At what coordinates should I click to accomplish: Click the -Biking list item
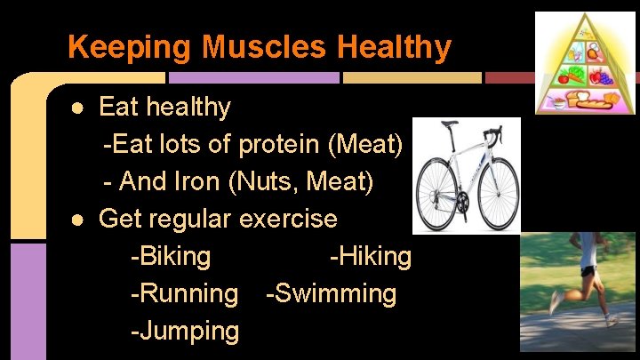click(171, 257)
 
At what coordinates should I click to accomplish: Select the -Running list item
click(184, 293)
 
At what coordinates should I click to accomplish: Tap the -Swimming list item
click(331, 293)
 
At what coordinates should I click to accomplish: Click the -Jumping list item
click(185, 332)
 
